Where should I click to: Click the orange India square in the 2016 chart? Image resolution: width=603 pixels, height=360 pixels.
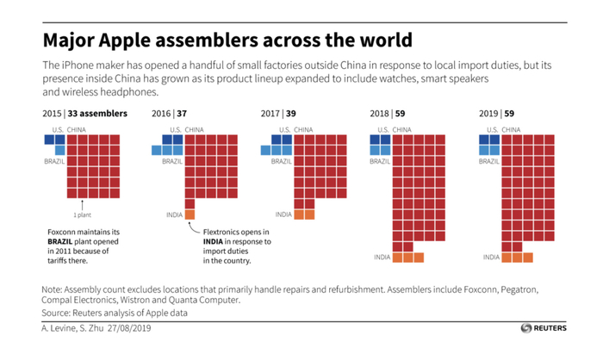click(189, 214)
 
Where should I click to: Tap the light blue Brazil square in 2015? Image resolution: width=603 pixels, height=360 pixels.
click(60, 151)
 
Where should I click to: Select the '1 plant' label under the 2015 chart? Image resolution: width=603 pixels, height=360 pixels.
click(83, 215)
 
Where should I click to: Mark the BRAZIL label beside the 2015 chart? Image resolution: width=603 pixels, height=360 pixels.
click(54, 161)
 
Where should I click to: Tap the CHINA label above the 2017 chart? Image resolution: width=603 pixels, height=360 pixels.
click(303, 129)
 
